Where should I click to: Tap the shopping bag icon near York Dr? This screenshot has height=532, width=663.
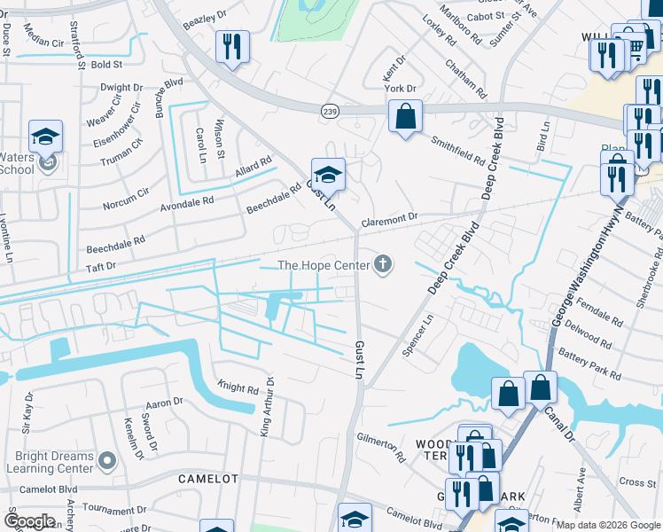click(405, 116)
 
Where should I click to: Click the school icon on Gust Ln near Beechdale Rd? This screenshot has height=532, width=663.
click(327, 174)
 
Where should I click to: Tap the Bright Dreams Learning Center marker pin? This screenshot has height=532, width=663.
click(107, 461)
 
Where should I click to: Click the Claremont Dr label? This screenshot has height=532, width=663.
click(388, 218)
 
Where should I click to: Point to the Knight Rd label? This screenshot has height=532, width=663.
click(237, 387)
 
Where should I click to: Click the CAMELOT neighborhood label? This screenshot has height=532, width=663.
click(208, 478)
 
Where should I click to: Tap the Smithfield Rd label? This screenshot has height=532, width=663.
click(457, 152)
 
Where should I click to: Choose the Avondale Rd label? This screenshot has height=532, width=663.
click(187, 199)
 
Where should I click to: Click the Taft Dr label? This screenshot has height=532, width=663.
click(100, 264)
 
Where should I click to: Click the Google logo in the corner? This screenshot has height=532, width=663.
click(30, 521)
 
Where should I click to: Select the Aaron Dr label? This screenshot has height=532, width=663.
click(163, 403)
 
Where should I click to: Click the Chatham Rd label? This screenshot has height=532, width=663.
click(467, 78)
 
